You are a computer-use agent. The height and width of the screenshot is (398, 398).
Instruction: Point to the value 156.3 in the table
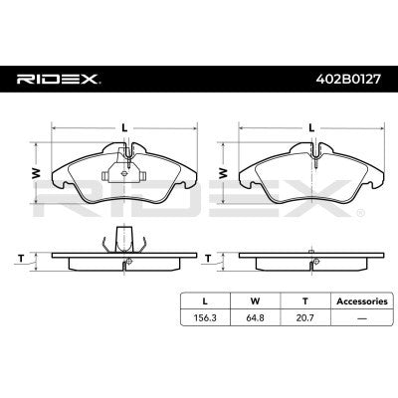click(204, 319)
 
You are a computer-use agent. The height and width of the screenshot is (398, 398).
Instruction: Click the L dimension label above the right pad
click(312, 125)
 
